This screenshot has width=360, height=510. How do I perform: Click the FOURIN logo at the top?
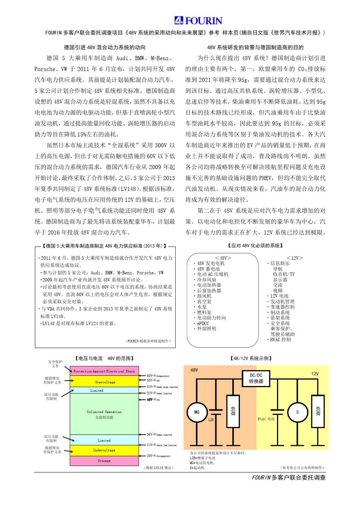tap(198, 20)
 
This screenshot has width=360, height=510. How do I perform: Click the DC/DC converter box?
tap(256, 378)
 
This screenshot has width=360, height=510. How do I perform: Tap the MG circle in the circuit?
tap(197, 412)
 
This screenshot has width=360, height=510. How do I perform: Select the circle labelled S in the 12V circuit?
tap(297, 412)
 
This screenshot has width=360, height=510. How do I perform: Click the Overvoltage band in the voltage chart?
tap(105, 382)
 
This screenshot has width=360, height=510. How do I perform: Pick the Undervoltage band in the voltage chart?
tap(104, 450)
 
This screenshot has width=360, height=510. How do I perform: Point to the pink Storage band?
tap(104, 461)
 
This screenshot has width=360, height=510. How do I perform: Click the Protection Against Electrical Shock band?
tap(104, 371)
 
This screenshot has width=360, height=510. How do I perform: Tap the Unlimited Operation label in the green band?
tap(104, 412)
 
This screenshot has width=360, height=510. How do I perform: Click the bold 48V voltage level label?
tap(153, 399)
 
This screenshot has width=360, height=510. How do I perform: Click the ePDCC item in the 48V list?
tap(203, 323)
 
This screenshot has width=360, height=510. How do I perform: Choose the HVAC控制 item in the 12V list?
tap(280, 340)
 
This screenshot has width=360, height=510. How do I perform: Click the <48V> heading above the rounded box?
tap(223, 258)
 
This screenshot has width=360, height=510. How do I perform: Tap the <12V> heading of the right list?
tap(294, 258)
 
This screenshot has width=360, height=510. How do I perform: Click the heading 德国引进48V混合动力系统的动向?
tap(105, 47)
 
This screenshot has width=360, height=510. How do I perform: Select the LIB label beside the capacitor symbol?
tap(211, 420)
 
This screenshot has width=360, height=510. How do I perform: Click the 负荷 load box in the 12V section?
tap(318, 411)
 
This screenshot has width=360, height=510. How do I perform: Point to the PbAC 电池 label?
tap(266, 419)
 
